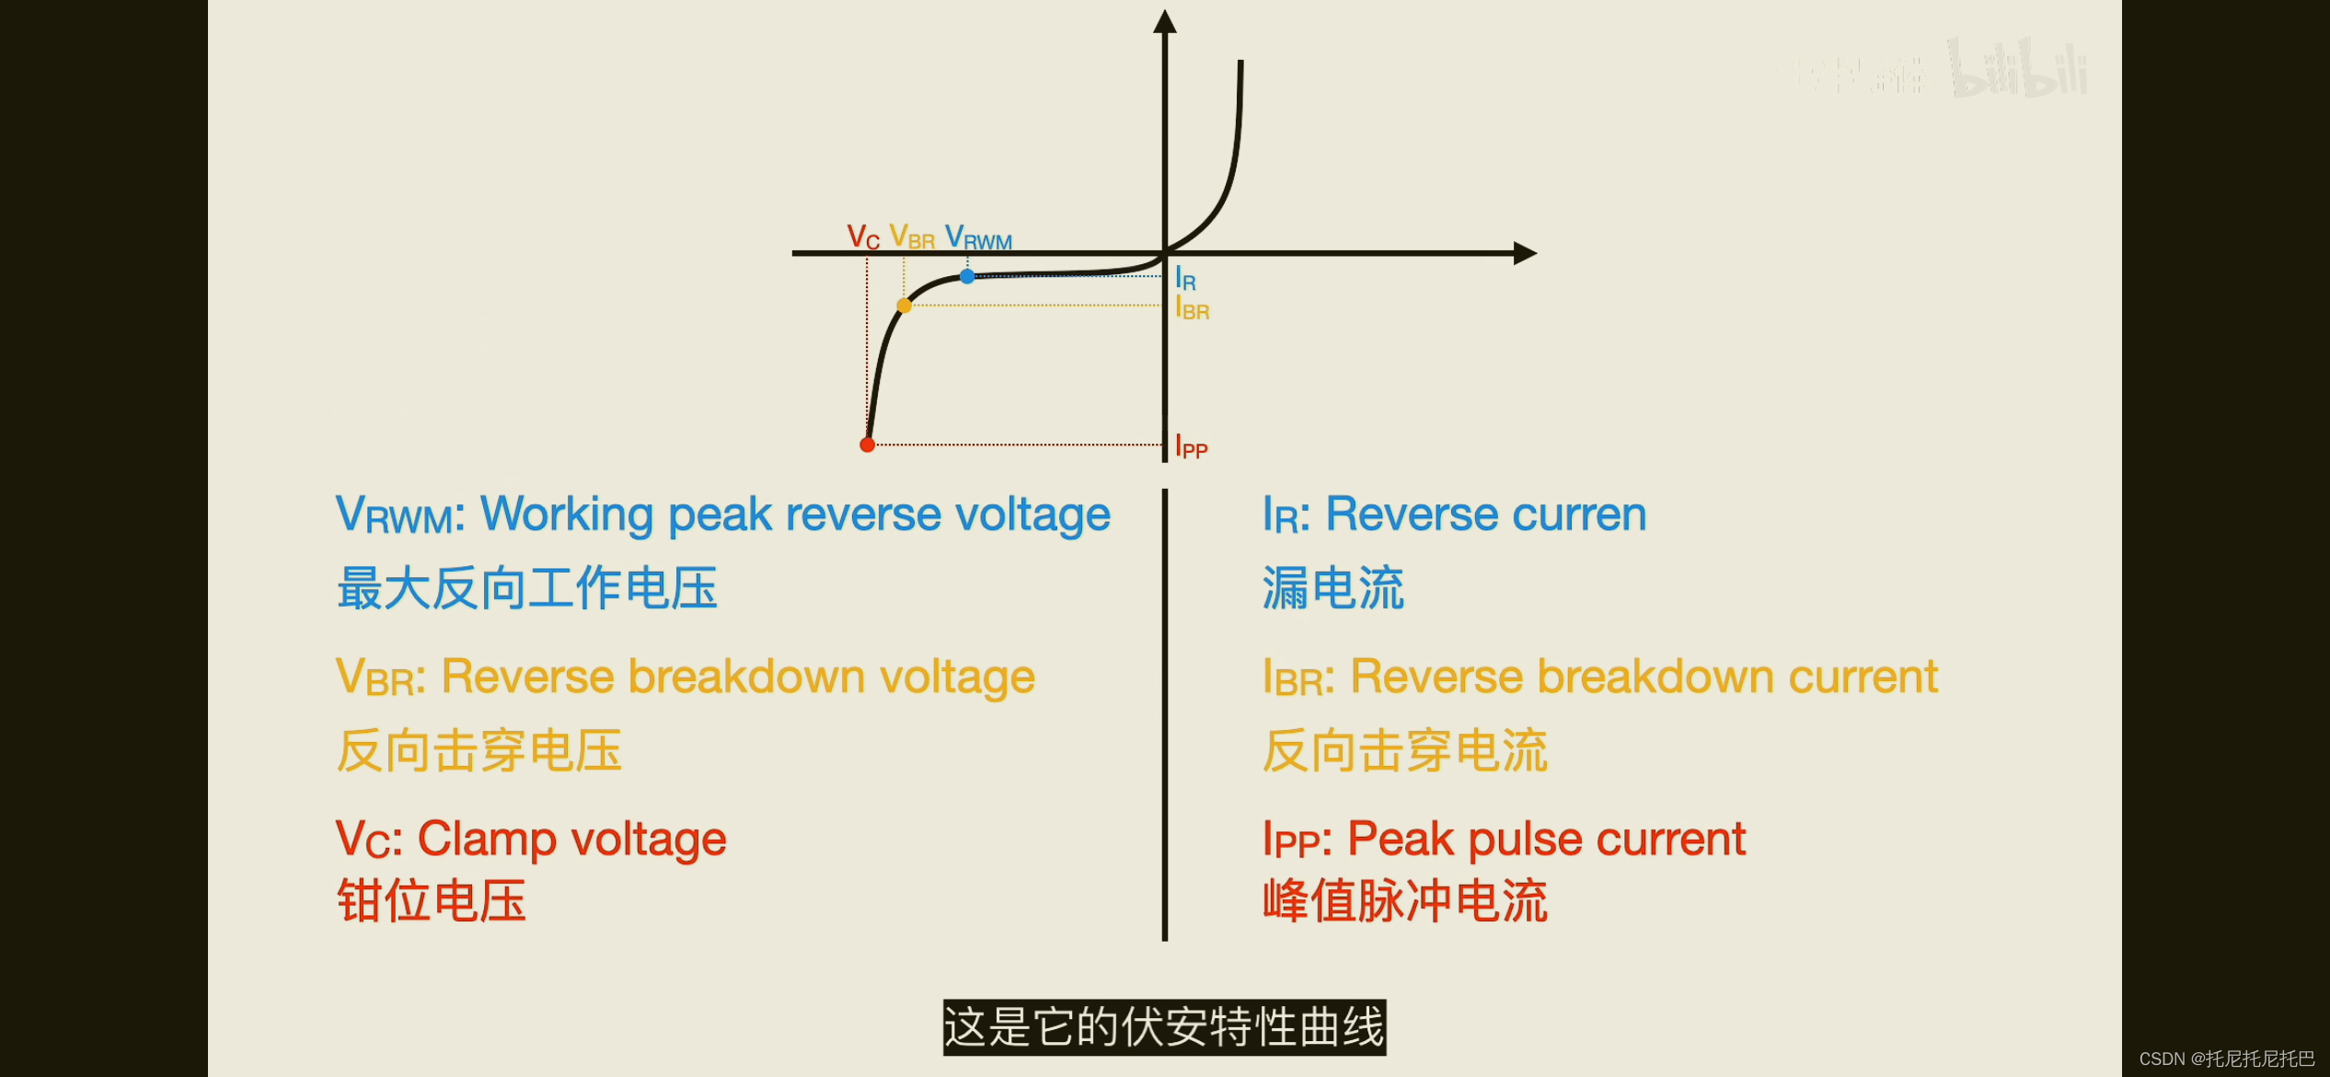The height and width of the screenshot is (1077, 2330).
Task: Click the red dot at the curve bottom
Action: click(x=867, y=445)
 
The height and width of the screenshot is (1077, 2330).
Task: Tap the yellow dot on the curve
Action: click(x=905, y=306)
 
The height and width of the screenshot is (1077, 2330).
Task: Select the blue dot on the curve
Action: click(x=967, y=276)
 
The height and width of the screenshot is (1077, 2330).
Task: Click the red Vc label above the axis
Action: click(x=863, y=237)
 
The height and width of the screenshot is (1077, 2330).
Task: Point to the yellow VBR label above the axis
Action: click(x=912, y=237)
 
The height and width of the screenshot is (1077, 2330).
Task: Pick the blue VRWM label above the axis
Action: click(x=978, y=237)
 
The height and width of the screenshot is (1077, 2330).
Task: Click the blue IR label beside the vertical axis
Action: click(x=1186, y=279)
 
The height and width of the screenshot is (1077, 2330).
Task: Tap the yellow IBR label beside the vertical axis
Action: click(x=1193, y=308)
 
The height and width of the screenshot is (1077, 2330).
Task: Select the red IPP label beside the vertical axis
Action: click(x=1192, y=447)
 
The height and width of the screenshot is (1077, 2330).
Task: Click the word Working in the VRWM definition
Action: click(x=567, y=515)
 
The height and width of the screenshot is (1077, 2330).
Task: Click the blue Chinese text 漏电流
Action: click(x=1332, y=588)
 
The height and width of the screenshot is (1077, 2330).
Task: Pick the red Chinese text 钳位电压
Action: click(x=431, y=900)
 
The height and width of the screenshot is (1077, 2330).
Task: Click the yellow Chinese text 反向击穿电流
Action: click(x=1404, y=750)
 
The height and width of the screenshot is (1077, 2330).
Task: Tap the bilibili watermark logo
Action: click(x=2018, y=70)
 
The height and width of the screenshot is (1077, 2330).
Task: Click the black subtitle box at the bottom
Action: click(x=1164, y=1027)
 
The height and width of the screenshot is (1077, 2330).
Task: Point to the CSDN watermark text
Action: click(x=2226, y=1059)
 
